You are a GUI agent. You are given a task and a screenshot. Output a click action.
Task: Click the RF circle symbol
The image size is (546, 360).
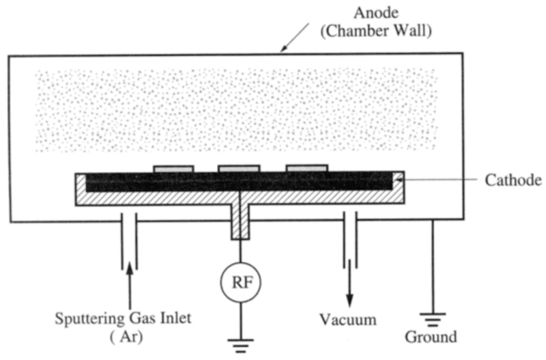(240, 280)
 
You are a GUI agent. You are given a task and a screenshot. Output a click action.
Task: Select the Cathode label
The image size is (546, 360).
(513, 180)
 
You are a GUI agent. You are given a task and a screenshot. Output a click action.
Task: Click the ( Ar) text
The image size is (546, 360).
(130, 336)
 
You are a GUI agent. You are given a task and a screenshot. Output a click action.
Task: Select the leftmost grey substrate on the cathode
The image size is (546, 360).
(173, 167)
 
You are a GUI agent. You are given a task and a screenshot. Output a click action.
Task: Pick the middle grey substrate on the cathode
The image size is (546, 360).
(239, 167)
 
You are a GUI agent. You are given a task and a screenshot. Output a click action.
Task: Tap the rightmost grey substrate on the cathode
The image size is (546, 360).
(306, 167)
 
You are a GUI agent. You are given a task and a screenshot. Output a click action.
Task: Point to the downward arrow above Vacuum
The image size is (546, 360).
(350, 290)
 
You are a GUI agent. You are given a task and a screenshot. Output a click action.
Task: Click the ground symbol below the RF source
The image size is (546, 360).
(240, 344)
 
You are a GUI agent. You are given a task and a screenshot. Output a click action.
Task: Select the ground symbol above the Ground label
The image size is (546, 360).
(431, 318)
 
